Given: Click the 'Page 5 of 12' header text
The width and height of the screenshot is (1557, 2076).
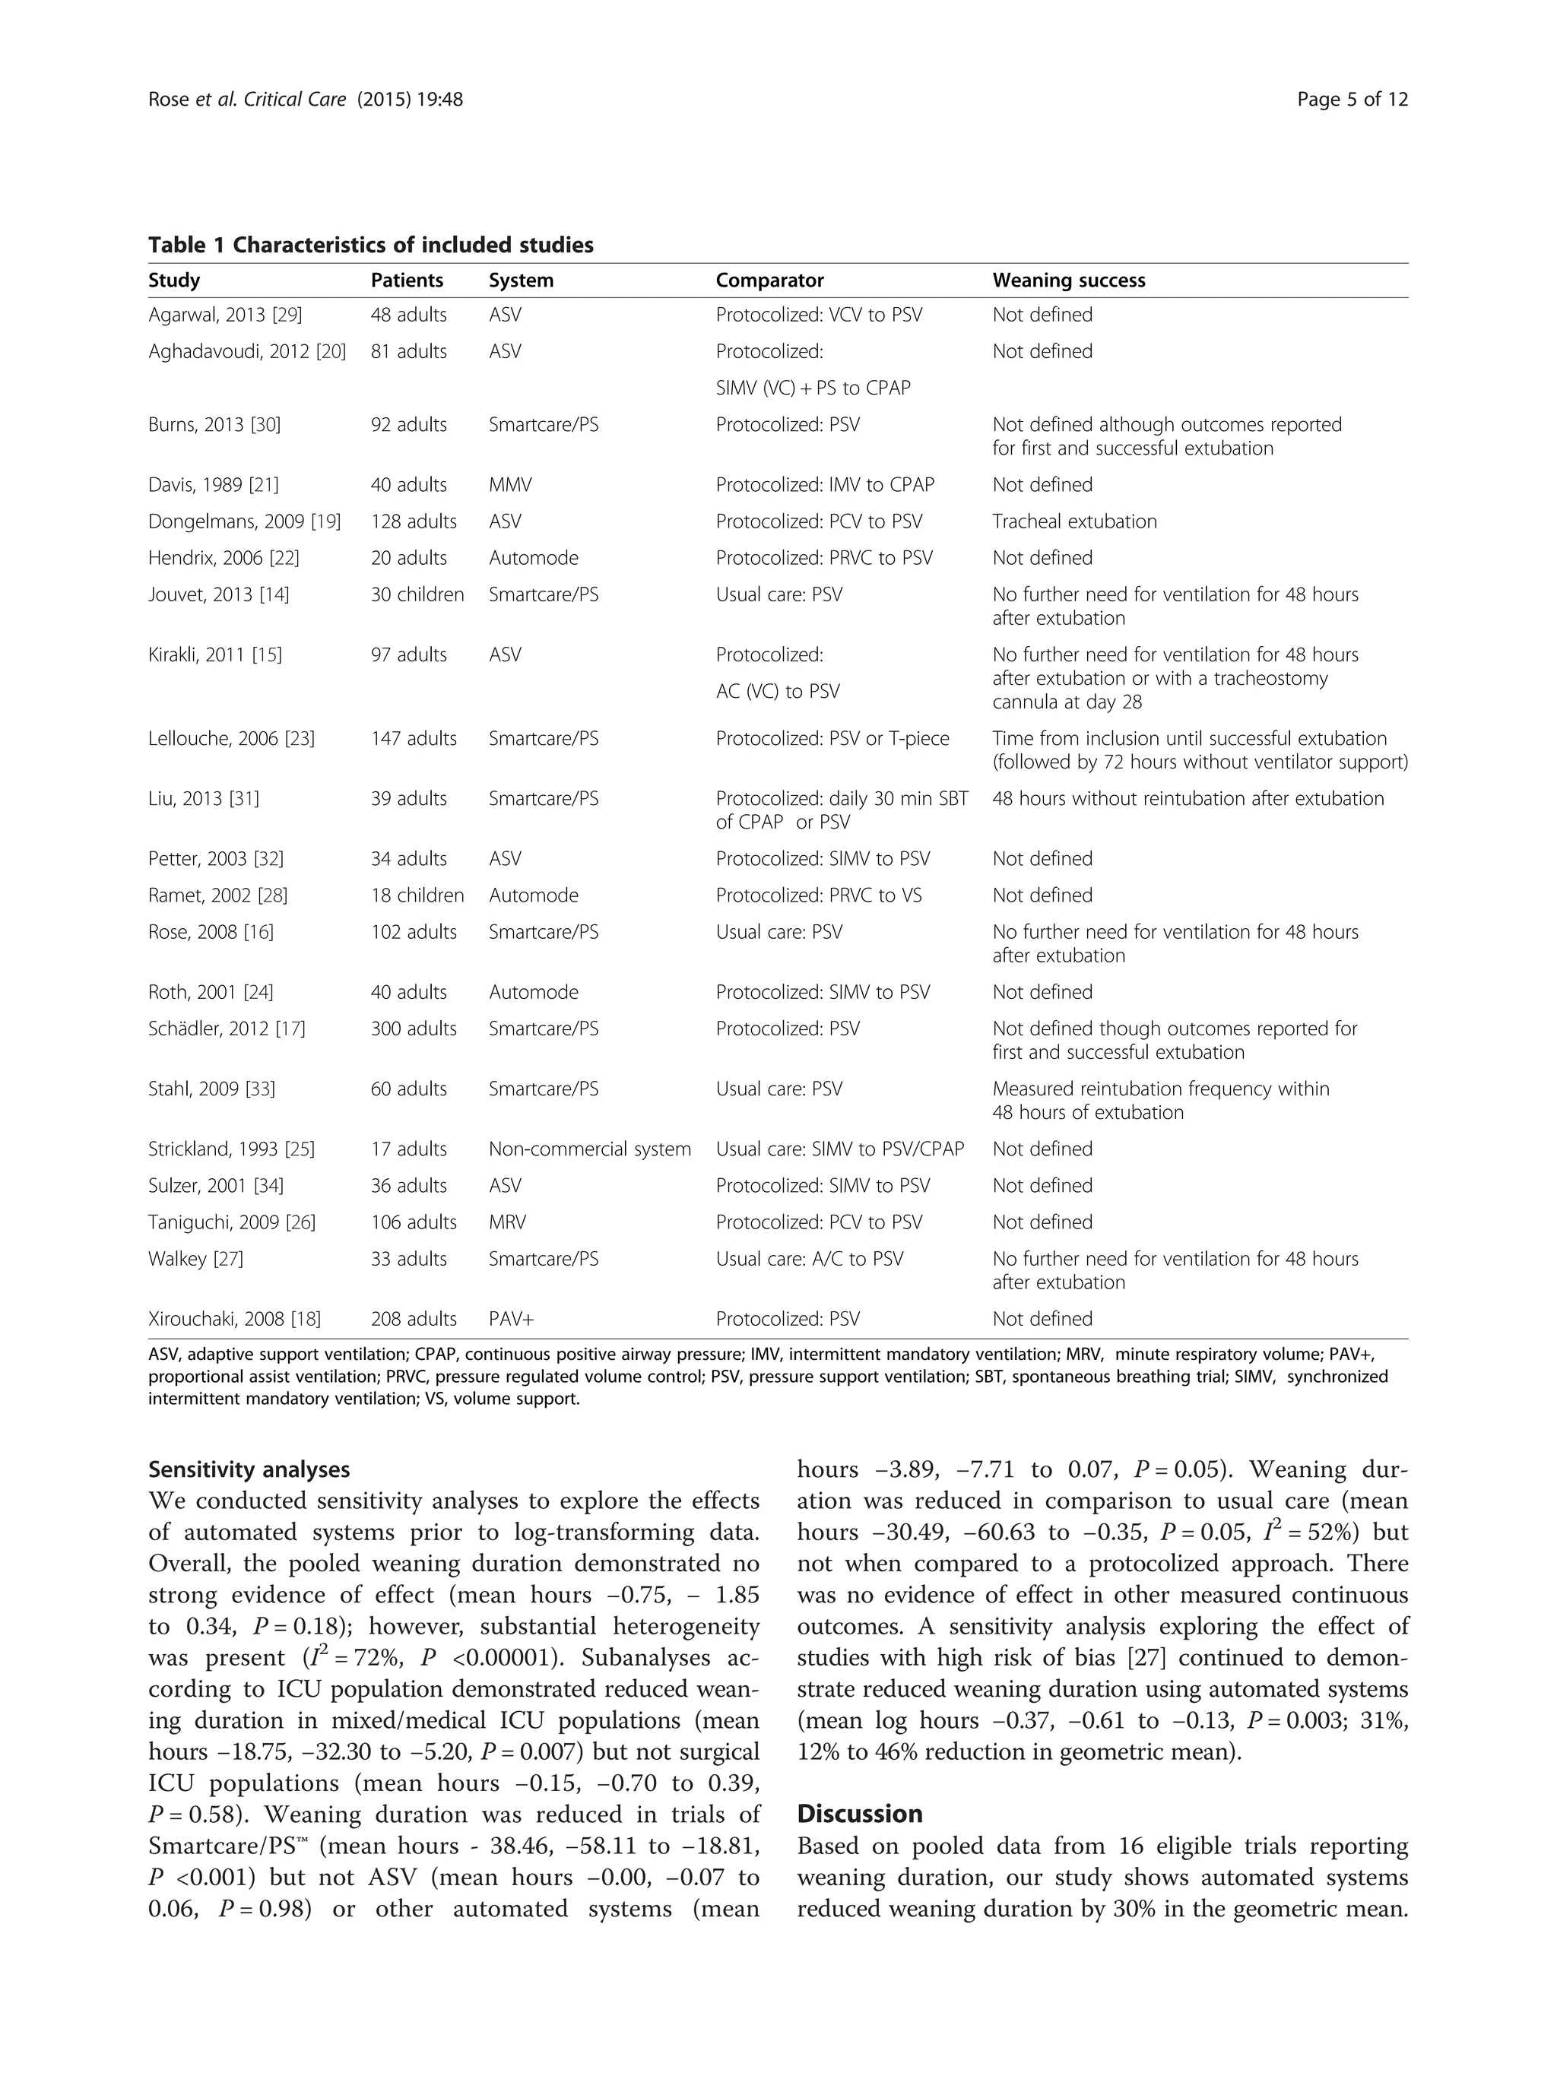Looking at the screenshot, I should pos(1352,100).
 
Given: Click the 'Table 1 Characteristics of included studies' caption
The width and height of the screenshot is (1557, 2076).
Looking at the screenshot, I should pos(371,245).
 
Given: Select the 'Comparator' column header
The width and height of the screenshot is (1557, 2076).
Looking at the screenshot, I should pos(769,280).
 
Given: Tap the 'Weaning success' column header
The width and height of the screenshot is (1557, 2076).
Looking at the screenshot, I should pos(1068,280).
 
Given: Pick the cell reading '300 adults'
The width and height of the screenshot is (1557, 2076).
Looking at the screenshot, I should pos(413,1028).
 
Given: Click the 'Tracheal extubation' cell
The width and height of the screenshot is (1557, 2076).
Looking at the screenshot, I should pos(1073,521).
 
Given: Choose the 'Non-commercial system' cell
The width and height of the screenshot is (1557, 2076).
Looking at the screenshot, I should pos(589,1149).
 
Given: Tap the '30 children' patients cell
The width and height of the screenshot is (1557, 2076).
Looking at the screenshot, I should pos(417,595).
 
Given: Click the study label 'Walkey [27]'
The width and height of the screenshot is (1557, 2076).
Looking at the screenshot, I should pos(195,1259).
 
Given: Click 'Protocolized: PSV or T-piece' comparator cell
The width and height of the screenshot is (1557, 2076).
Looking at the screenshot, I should pos(832,739).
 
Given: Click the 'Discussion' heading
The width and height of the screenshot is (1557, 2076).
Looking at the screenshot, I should pos(859,1813).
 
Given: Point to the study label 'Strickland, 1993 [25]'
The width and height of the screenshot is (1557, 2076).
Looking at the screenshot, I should pos(231,1149).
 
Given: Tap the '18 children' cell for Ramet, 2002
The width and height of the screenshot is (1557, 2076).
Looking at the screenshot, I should pos(417,895).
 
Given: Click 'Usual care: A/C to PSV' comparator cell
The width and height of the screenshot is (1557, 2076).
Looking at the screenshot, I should pos(809,1259).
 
